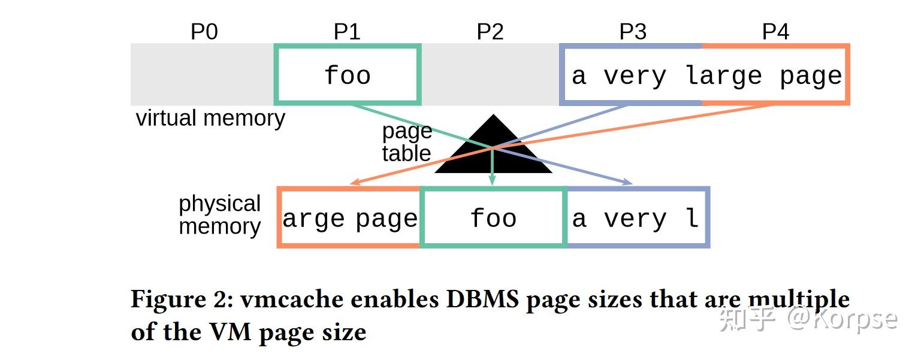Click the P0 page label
click(x=204, y=32)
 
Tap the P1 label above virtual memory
click(x=347, y=32)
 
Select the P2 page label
click(x=490, y=32)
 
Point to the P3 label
click(x=633, y=32)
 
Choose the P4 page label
click(x=775, y=32)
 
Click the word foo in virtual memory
click(x=348, y=76)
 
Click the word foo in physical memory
click(x=493, y=219)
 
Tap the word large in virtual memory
click(x=723, y=77)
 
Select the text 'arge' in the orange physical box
click(x=313, y=219)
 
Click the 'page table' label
click(x=407, y=143)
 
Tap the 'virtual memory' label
click(x=210, y=119)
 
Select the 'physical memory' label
click(x=219, y=215)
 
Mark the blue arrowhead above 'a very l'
click(x=629, y=182)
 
